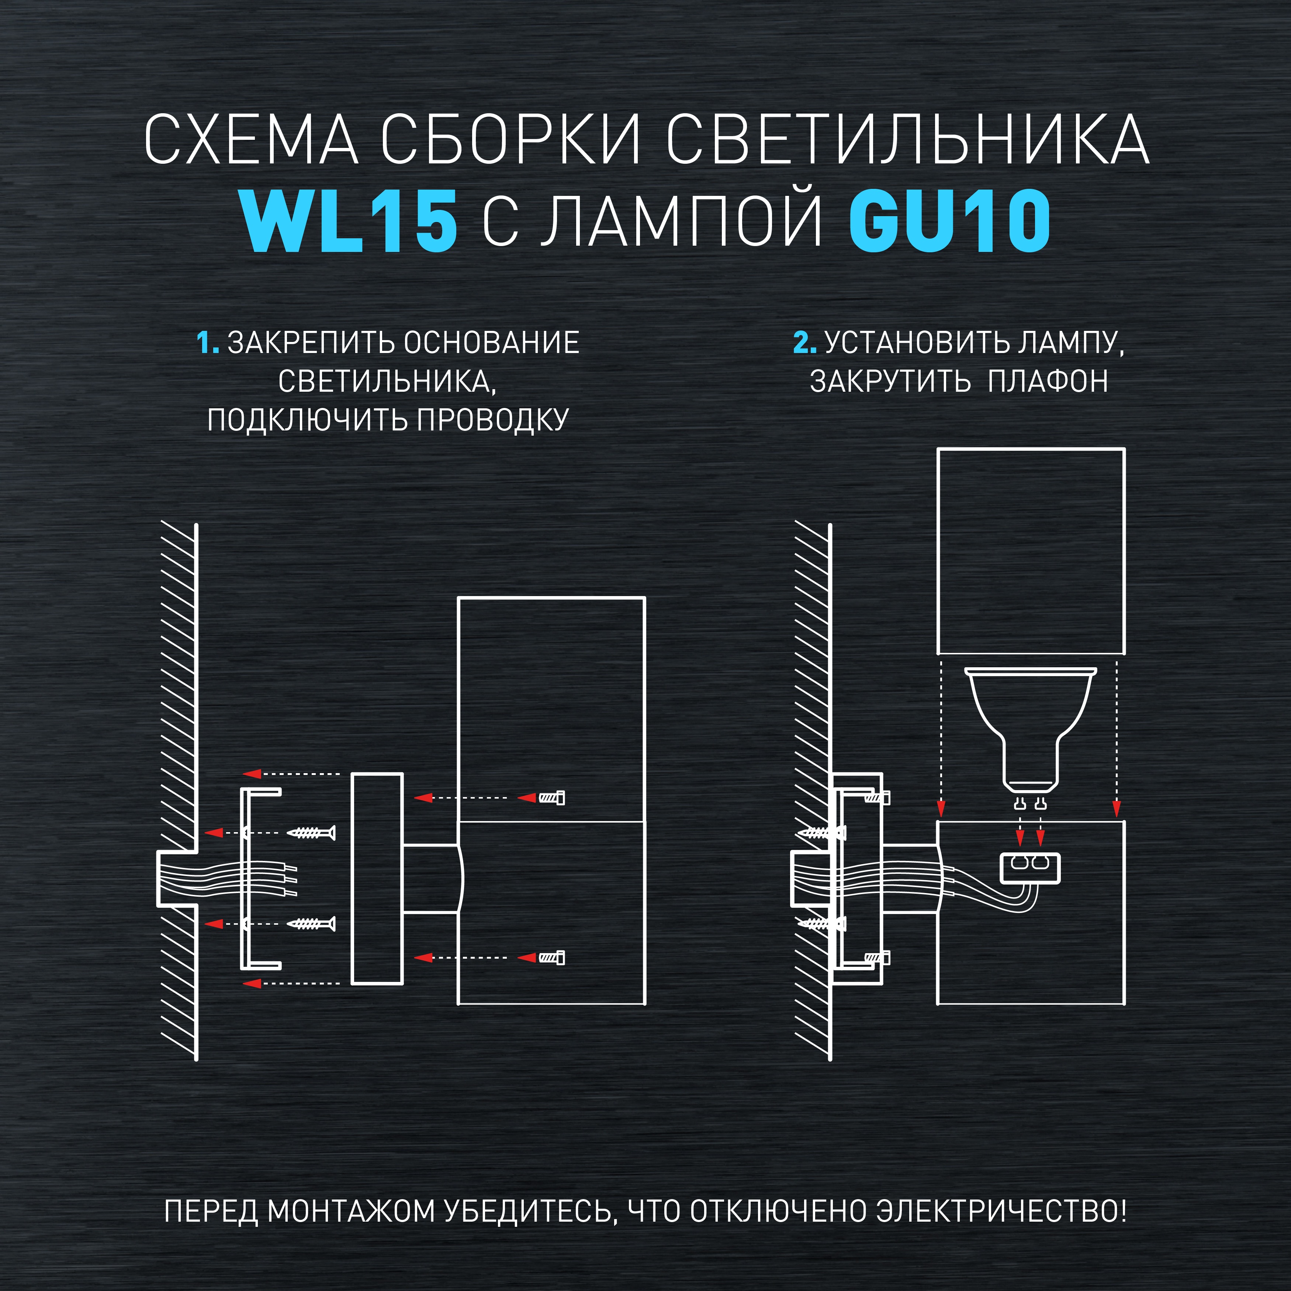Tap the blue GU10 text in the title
pyautogui.click(x=949, y=221)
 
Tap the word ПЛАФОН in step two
pyautogui.click(x=1048, y=381)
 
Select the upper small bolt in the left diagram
pyautogui.click(x=552, y=798)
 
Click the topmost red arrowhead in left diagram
pyautogui.click(x=252, y=774)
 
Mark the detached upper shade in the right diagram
pyautogui.click(x=1030, y=551)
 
